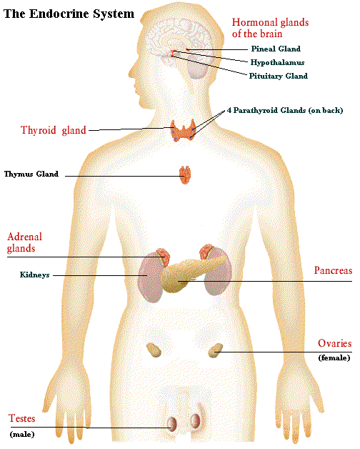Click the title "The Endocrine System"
pos(69,14)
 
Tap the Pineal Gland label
pos(276,49)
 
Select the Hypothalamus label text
pos(277,62)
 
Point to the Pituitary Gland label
pos(279,76)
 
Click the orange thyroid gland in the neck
pos(184,131)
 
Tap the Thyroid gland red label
pos(54,130)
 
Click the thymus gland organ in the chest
pos(185,174)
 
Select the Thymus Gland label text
pos(31,174)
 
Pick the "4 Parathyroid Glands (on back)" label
pos(285,110)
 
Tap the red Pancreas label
pos(333,270)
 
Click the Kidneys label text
pos(34,275)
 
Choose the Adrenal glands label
pos(24,242)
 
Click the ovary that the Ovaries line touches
pos(215,350)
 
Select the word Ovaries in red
pos(334,343)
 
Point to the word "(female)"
pos(334,357)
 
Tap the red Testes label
pos(21,418)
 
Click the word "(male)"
pos(22,435)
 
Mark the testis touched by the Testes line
pos(172,424)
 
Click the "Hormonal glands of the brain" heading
pos(270,28)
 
